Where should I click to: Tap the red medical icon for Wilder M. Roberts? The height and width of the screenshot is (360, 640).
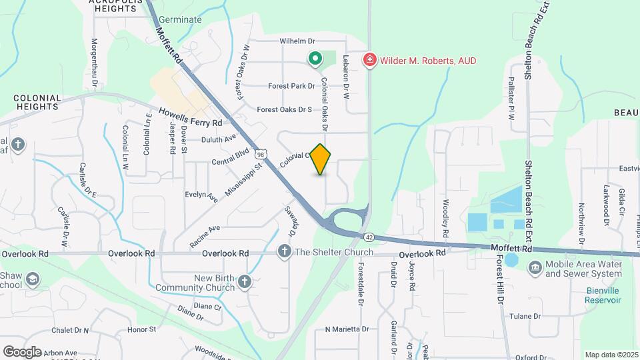pyautogui.click(x=369, y=61)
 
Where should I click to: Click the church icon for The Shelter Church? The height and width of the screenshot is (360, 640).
pyautogui.click(x=284, y=252)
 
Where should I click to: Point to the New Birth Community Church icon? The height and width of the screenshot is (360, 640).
pyautogui.click(x=245, y=282)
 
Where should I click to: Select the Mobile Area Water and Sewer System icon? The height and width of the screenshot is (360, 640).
pyautogui.click(x=535, y=269)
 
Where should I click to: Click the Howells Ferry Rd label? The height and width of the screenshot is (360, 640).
pyautogui.click(x=190, y=117)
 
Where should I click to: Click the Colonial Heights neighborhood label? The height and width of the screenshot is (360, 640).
pyautogui.click(x=37, y=102)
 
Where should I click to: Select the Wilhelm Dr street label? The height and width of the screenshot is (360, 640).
pyautogui.click(x=297, y=41)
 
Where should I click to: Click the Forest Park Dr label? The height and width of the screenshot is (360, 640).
pyautogui.click(x=291, y=86)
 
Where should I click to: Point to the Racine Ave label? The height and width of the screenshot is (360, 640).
pyautogui.click(x=205, y=237)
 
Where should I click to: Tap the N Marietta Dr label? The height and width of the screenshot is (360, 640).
pyautogui.click(x=347, y=329)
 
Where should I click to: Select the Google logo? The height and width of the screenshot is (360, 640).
pyautogui.click(x=22, y=351)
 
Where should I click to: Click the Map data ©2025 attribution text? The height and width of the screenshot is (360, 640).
pyautogui.click(x=611, y=355)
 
